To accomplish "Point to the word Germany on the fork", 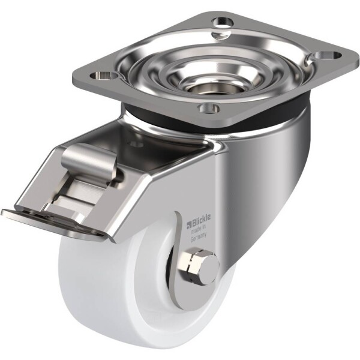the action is (199, 236).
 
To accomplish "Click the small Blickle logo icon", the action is (189, 224).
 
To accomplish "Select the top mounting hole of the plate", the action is (223, 22).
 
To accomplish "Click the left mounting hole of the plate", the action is (103, 75).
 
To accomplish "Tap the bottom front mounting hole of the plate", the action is (208, 107).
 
